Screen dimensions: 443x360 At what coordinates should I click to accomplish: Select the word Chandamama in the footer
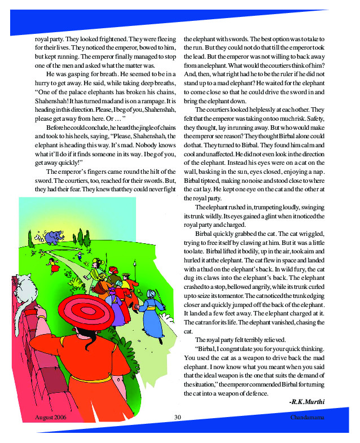tap(308, 418)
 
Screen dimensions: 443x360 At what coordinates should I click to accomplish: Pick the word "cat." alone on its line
tap(189, 332)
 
